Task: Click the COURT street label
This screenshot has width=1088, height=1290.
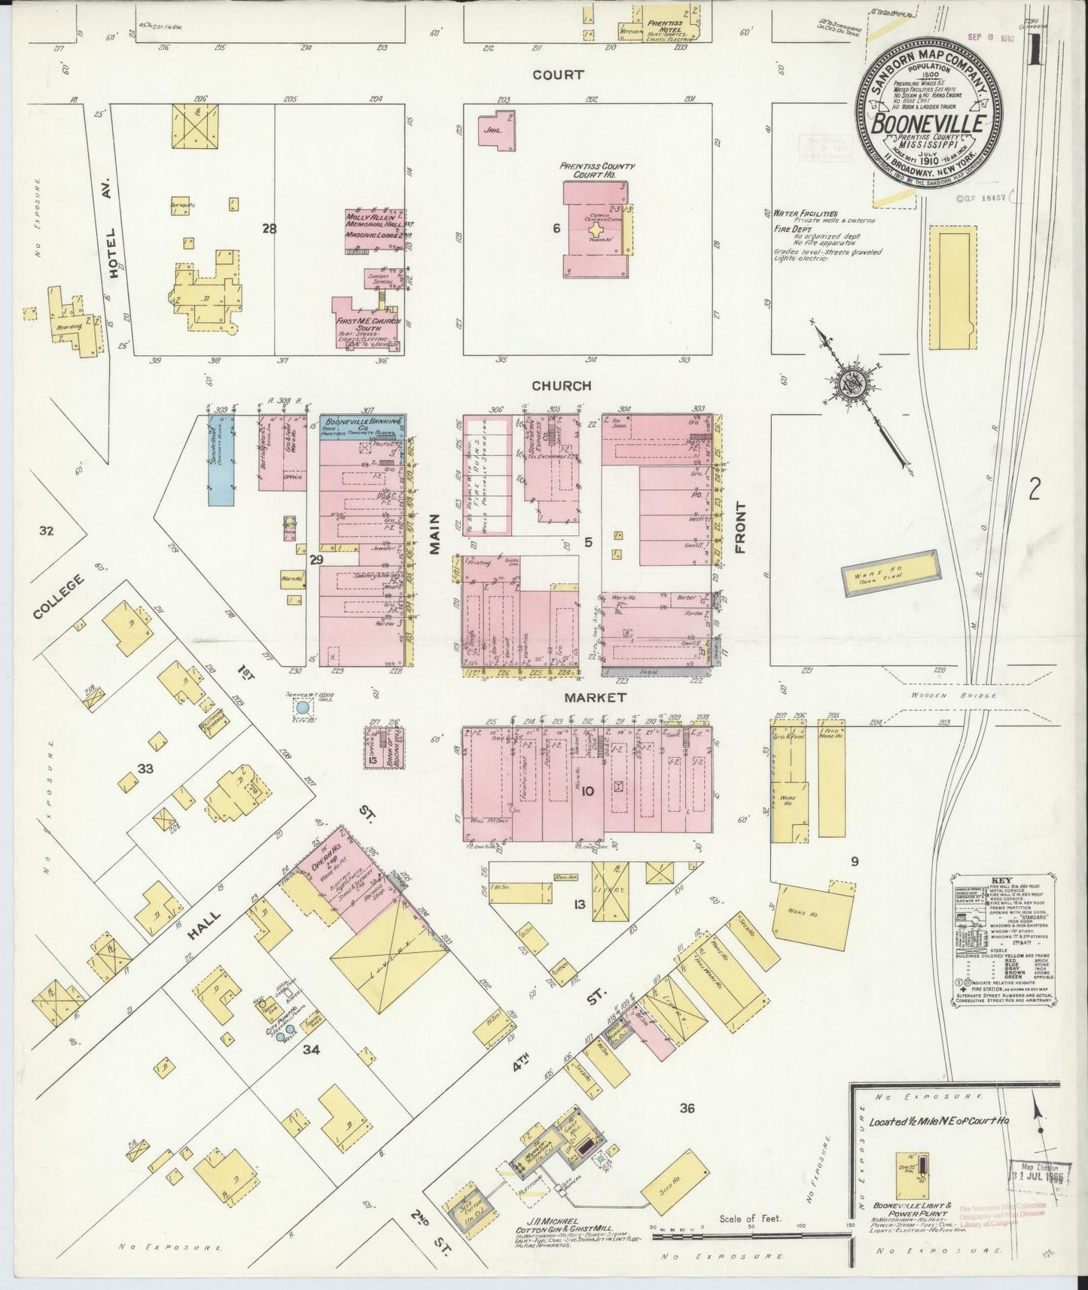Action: click(x=558, y=75)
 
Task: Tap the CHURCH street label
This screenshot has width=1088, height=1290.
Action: click(x=561, y=385)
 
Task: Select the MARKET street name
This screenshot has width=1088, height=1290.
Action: click(x=595, y=698)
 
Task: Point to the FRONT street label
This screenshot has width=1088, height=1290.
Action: click(x=739, y=528)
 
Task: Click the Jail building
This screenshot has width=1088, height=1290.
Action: click(x=492, y=129)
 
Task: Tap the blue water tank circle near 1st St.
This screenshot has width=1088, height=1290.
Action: click(x=302, y=707)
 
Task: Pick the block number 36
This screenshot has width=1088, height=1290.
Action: click(x=686, y=1108)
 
